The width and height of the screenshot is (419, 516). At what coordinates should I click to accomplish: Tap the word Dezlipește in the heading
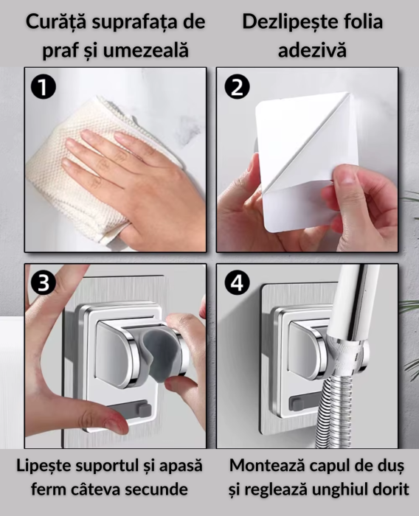pos(283,22)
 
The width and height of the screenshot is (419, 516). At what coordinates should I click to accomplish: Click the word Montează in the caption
pos(267,467)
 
